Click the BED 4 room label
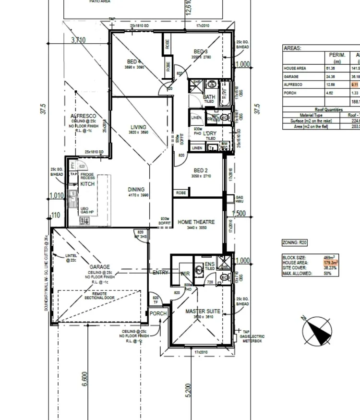click(134, 61)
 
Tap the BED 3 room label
click(200, 52)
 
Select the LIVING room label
click(138, 127)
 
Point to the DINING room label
click(136, 190)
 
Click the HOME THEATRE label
click(196, 222)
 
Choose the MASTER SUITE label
click(203, 311)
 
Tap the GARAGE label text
click(99, 267)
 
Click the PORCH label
click(158, 313)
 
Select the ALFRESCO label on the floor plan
click(83, 116)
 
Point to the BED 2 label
click(200, 170)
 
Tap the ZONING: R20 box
click(294, 243)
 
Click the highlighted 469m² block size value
click(329, 258)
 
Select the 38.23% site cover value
click(330, 268)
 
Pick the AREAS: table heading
click(292, 48)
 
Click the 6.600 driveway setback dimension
click(85, 379)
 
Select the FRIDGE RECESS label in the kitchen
click(87, 176)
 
